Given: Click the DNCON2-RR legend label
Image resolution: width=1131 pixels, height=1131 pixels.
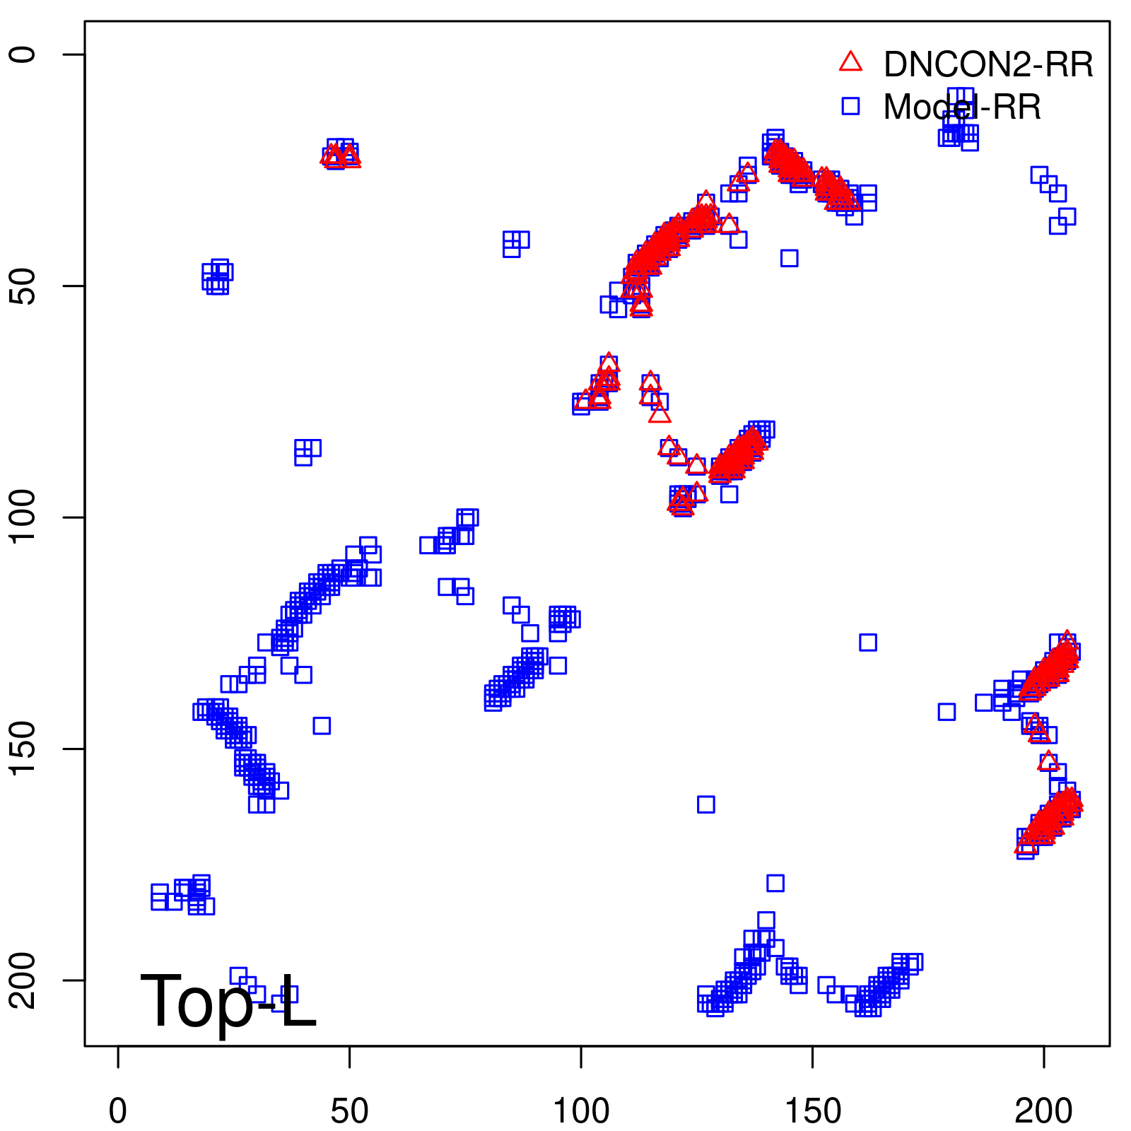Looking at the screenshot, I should [988, 65].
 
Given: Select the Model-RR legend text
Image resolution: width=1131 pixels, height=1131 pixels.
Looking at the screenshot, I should [961, 107].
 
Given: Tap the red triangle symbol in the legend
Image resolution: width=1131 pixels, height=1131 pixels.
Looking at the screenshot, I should [850, 62].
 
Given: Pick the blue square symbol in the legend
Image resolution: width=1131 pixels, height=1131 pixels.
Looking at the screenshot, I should [850, 106].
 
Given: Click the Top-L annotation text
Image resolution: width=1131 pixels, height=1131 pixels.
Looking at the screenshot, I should [228, 1002].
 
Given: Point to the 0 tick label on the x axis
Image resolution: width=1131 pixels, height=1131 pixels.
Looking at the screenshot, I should [118, 1111].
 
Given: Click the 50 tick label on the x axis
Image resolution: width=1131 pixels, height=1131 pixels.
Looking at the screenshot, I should [349, 1111].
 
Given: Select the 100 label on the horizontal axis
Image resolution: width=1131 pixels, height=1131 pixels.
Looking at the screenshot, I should [580, 1111].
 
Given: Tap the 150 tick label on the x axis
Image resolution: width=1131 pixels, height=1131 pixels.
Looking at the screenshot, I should [812, 1111].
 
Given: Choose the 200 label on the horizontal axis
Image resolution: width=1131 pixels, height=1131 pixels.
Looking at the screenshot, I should [1043, 1111].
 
